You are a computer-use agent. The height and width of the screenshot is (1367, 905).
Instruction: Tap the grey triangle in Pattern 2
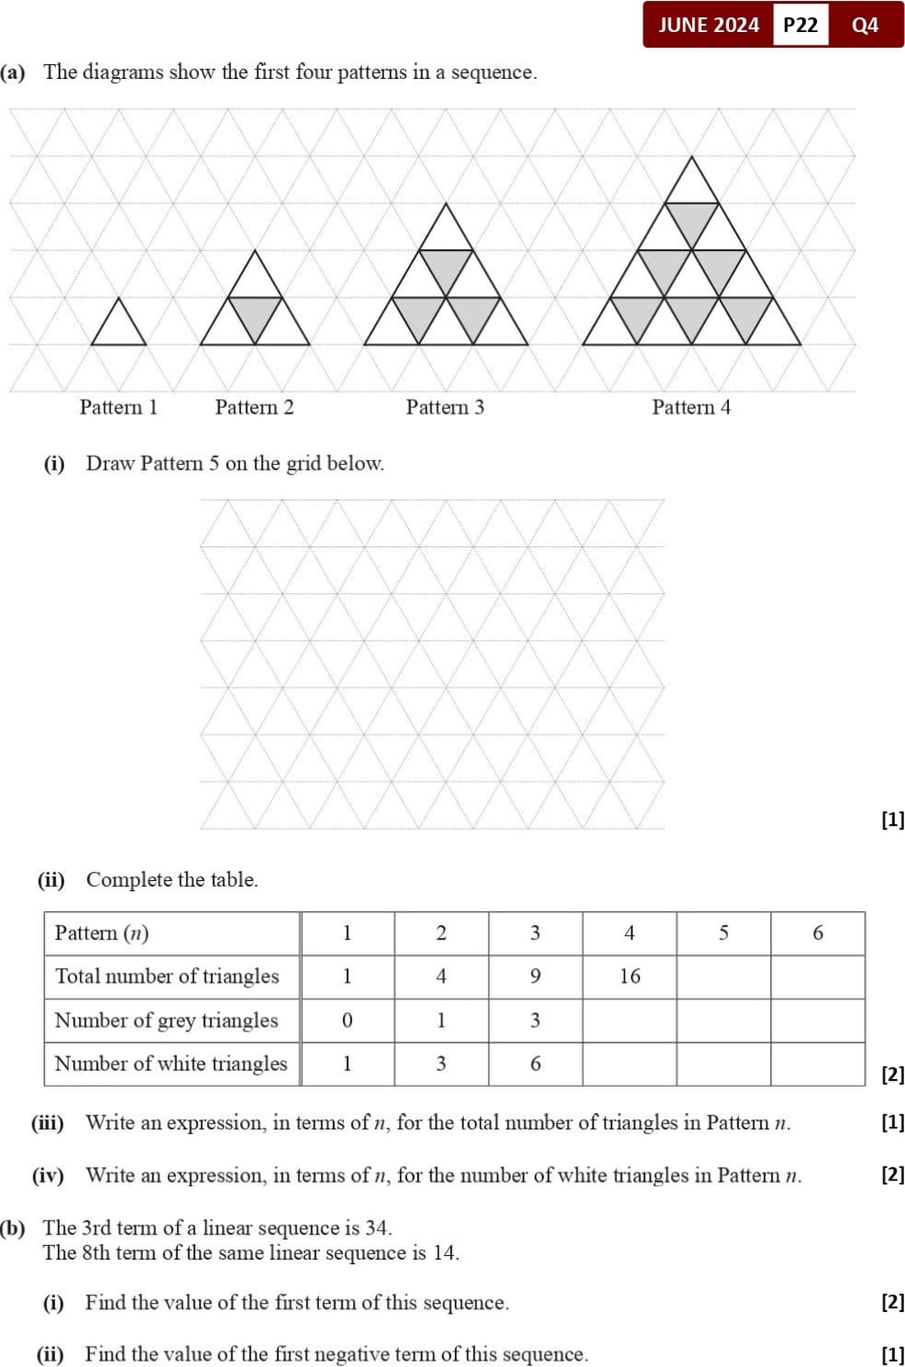(x=255, y=313)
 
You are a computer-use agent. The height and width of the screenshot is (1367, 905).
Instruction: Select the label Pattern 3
(x=445, y=407)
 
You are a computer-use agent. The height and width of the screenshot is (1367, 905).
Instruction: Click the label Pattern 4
(x=691, y=407)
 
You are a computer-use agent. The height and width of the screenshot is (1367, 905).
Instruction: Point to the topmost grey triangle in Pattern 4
(x=692, y=219)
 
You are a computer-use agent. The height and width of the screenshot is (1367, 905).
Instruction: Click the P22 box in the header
(x=801, y=25)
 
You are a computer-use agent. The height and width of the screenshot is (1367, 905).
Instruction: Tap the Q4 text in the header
(x=865, y=25)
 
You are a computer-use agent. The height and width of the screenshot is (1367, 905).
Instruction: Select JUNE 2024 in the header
(x=708, y=25)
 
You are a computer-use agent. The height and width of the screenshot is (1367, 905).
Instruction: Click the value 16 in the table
(x=629, y=976)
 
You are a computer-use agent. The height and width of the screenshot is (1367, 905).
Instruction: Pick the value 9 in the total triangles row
(x=536, y=976)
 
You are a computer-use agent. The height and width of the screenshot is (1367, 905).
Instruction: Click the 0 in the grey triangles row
(x=347, y=1021)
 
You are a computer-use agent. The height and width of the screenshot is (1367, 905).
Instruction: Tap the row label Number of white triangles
(x=171, y=1063)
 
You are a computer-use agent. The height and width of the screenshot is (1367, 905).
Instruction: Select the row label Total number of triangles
(x=167, y=976)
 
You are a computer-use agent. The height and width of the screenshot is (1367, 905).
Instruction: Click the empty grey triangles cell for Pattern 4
(x=629, y=1021)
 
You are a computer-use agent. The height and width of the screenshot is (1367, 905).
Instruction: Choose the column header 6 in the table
(x=818, y=933)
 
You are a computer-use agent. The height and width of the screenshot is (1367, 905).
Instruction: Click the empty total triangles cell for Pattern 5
(x=723, y=976)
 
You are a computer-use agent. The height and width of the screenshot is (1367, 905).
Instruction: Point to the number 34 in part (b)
(x=377, y=1228)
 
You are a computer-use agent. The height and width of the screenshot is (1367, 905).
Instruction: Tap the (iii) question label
(x=48, y=1123)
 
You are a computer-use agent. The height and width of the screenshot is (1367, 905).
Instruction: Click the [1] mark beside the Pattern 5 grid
(x=892, y=819)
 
